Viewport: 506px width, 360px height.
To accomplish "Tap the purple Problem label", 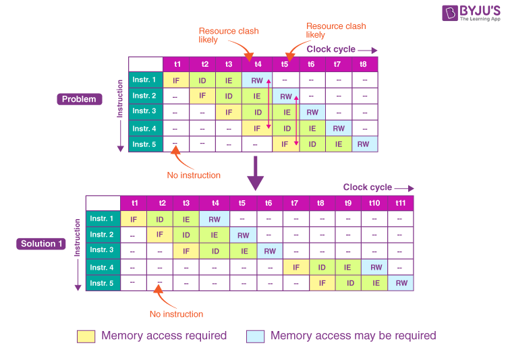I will (x=79, y=99).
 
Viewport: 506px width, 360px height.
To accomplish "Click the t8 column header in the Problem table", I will (x=364, y=64).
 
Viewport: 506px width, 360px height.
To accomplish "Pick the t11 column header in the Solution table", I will (x=401, y=203).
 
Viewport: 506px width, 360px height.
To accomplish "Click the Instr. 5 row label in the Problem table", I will (x=144, y=144).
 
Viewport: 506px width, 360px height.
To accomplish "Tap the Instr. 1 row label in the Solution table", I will (x=103, y=219).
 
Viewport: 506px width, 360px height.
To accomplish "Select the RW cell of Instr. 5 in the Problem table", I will (x=364, y=144).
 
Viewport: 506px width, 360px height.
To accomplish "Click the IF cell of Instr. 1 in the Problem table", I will (x=176, y=80).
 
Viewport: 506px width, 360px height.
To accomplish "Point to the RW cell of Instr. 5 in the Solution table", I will (x=401, y=284).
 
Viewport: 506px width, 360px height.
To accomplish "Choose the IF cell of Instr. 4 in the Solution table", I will (x=295, y=268).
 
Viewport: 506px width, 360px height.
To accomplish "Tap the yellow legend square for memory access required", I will (x=86, y=336).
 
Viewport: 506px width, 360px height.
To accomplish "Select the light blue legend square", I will (x=255, y=336).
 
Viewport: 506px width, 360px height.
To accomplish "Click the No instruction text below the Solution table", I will (x=176, y=314).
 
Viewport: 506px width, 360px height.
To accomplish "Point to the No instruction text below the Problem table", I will (x=194, y=175).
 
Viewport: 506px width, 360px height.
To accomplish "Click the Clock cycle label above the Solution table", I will (x=367, y=187).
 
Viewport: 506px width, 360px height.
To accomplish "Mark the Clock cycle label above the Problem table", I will (x=331, y=49).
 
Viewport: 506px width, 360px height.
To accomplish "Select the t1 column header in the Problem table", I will (x=177, y=64).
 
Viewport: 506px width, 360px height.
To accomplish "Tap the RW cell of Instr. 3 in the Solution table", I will (x=269, y=251).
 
